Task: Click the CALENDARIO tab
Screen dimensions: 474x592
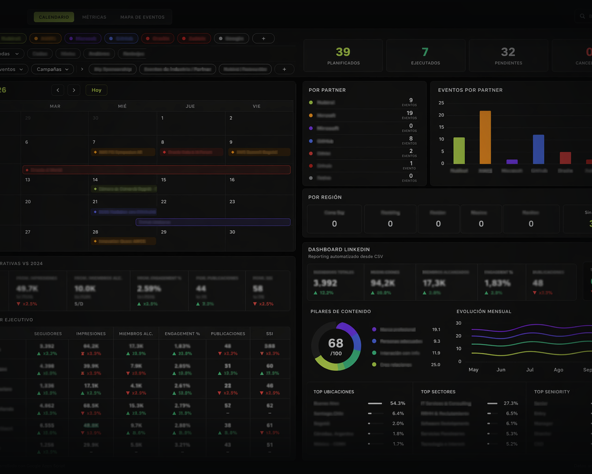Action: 54,17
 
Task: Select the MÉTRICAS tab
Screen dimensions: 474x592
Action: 94,17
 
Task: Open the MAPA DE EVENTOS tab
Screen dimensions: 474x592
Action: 142,17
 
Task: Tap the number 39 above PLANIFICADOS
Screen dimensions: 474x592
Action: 343,52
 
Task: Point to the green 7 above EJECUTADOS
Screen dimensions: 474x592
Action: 425,52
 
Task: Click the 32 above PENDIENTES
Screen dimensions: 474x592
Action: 508,52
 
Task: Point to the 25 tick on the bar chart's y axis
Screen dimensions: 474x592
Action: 441,103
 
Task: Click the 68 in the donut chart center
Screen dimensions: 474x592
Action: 335,343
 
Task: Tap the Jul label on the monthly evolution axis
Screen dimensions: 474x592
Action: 530,370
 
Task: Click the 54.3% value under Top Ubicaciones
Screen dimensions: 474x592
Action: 397,403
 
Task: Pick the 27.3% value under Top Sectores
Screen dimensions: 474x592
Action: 511,403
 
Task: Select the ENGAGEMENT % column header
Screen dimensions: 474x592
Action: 183,334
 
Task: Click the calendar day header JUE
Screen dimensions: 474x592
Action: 190,106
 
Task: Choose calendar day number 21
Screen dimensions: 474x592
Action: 96,201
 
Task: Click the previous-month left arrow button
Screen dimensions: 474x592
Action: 58,90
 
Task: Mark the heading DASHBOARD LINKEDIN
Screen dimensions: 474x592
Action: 338,250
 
